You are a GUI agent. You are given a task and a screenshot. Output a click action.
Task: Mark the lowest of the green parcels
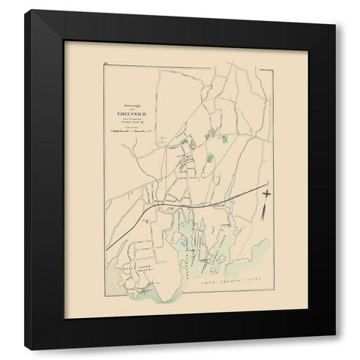pyautogui.click(x=211, y=158)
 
